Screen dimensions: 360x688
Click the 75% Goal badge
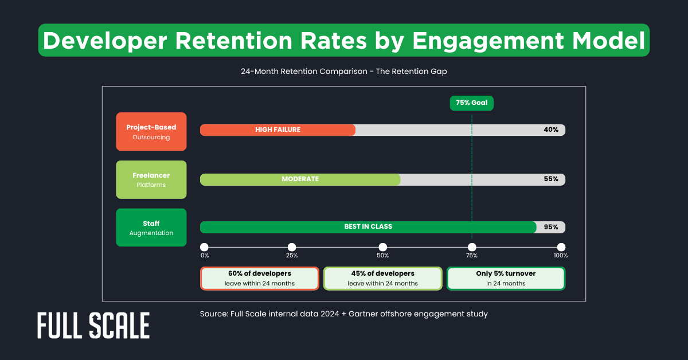471,103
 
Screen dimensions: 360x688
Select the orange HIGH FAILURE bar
277,130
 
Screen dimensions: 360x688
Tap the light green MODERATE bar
300,179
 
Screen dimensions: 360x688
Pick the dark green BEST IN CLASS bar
368,227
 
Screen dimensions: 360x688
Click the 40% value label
550,130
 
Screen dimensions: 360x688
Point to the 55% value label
550,179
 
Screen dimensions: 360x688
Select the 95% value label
550,227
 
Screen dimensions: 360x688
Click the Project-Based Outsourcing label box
151,132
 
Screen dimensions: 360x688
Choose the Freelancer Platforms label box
151,179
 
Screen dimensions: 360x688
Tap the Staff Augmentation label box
151,228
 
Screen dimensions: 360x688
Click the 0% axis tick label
205,256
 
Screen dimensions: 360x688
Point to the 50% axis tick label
382,256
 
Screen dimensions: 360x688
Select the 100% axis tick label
560,256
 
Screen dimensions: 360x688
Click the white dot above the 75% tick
471,246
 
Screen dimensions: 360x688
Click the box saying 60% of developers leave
259,279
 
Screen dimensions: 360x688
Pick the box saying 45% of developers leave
382,279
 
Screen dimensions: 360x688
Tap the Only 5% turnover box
506,279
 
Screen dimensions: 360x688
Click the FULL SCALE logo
93,326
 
